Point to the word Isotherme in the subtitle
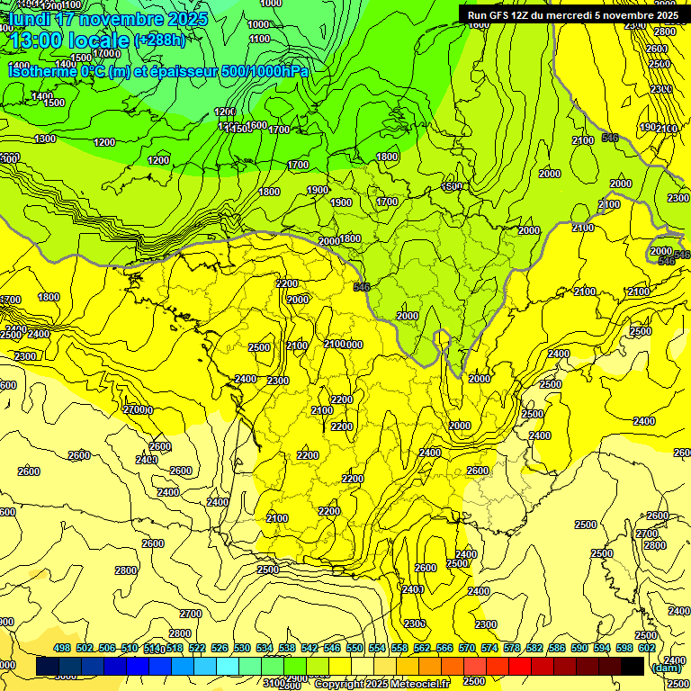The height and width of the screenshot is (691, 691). click(41, 70)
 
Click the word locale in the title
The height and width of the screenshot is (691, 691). click(100, 41)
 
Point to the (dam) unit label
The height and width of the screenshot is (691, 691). click(666, 669)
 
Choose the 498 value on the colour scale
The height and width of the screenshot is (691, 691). click(62, 647)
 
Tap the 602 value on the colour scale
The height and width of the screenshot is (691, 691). click(647, 647)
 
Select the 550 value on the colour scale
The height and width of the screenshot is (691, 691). click(354, 647)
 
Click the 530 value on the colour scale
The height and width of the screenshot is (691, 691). click(242, 647)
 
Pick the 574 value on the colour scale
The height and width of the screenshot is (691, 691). click(489, 647)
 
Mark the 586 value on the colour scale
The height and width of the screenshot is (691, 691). click(557, 647)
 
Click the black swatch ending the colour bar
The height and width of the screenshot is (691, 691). click(633, 666)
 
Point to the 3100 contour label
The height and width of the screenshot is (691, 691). click(274, 683)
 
